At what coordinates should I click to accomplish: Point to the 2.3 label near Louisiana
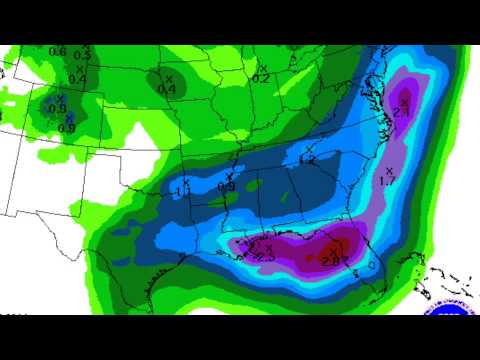(x=265, y=257)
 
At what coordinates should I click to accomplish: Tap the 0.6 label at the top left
(x=57, y=52)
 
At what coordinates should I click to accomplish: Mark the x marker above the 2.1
(x=405, y=100)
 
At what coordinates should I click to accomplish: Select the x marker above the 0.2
(x=262, y=68)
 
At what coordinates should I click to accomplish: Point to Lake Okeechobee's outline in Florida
(x=372, y=265)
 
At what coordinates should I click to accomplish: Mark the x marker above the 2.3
(x=268, y=244)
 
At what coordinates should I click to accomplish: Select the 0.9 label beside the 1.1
(x=226, y=186)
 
